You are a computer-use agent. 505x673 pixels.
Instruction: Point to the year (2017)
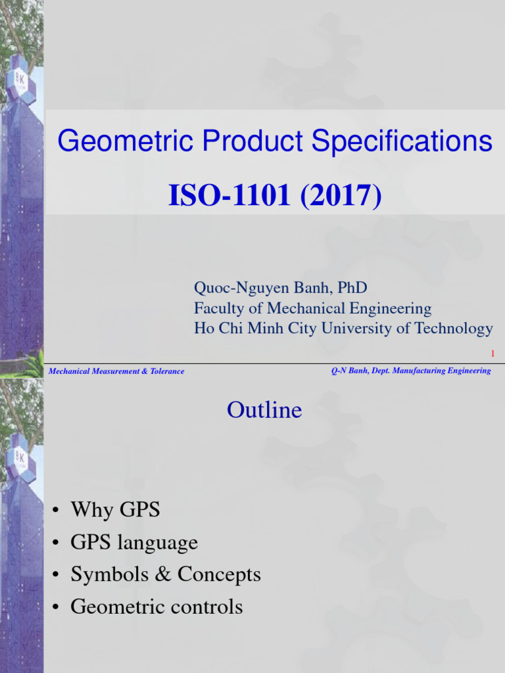pos(341,197)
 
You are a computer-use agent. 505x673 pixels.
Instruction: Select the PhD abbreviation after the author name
pos(353,288)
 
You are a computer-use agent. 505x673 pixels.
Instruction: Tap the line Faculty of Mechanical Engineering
pos(312,308)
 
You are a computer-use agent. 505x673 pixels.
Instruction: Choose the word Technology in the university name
pos(454,329)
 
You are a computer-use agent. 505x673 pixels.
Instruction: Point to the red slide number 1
pos(492,355)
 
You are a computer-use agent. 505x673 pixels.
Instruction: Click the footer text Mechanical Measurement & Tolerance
pos(117,371)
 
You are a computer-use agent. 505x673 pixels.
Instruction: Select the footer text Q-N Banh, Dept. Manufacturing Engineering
pos(411,371)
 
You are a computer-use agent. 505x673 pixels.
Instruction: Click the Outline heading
pos(264,410)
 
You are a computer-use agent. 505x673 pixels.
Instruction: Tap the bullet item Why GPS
pos(115,509)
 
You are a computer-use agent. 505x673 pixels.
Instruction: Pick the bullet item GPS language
pos(134,542)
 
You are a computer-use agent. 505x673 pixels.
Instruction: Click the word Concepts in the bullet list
pos(219,574)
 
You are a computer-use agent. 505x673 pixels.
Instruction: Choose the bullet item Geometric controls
pos(156,606)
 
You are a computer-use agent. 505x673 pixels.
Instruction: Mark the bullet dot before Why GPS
pos(57,510)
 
